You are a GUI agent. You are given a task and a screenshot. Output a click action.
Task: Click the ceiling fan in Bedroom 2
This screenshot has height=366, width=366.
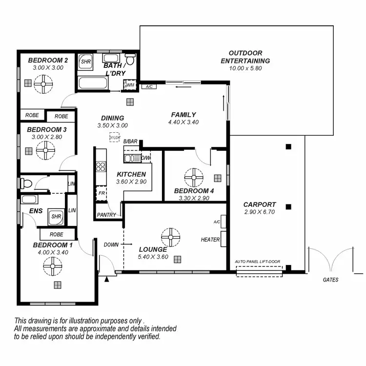point(44,87)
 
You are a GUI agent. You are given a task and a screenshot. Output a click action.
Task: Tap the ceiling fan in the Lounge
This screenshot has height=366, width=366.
point(171,237)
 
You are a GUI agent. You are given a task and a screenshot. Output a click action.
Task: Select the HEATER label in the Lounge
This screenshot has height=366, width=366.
point(210,240)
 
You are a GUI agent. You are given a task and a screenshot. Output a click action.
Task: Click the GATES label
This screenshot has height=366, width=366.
point(330,280)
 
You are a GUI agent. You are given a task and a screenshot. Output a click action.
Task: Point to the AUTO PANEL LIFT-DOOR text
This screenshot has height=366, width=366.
point(259,262)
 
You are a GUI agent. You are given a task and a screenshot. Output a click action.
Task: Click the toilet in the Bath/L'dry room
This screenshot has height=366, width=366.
point(130,60)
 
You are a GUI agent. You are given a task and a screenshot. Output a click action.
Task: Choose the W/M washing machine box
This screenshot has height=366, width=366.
point(130,86)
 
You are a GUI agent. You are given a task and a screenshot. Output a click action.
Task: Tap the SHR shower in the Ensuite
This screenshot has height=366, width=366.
point(56,216)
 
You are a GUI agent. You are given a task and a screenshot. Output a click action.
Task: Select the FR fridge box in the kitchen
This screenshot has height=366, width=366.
point(101,193)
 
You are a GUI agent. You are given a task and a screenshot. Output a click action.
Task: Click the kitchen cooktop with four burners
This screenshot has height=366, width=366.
point(101,166)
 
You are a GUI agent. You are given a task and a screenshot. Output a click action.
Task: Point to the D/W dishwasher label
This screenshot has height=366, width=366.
point(146,158)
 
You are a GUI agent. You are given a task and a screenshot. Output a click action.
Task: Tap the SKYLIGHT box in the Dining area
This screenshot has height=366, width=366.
point(115,138)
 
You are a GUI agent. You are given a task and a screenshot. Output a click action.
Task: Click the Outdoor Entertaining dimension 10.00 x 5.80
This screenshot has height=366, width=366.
point(245,68)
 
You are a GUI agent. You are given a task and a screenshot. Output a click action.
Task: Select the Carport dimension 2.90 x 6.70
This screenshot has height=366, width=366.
point(260,212)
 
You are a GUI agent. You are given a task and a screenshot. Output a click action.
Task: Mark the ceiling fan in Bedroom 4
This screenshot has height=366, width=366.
point(194,177)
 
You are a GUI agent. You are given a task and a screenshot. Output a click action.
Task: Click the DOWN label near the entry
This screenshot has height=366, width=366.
point(111,244)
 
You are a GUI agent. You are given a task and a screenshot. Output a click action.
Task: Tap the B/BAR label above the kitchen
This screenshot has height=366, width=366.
point(130,141)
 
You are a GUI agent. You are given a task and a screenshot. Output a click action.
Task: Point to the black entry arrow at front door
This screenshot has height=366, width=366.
point(106,279)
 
